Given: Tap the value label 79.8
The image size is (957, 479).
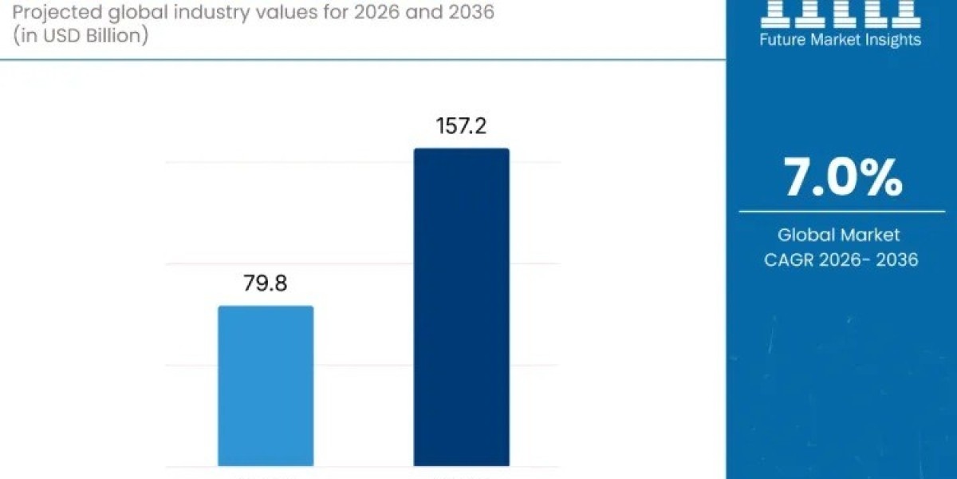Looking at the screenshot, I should [x=266, y=284].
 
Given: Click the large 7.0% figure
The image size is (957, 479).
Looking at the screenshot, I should [x=842, y=178].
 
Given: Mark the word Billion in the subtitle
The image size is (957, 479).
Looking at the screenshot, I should [x=112, y=37].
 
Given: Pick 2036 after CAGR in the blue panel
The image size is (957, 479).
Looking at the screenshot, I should [x=896, y=259].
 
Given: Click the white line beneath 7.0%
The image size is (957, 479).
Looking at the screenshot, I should [x=841, y=212].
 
